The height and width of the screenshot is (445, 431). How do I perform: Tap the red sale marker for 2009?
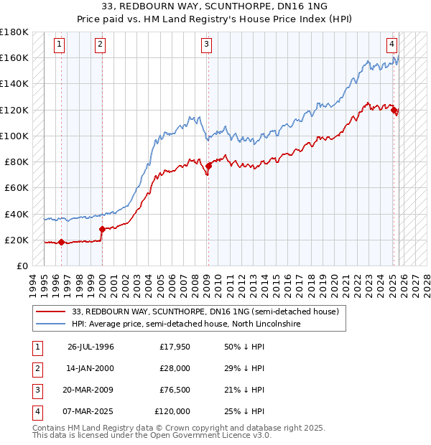pyautogui.click(x=208, y=166)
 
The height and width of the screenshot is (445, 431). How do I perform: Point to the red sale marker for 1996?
pyautogui.click(x=61, y=242)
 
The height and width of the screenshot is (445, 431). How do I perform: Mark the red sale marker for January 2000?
pyautogui.click(x=102, y=229)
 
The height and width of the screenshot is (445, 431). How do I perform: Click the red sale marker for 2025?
pyautogui.click(x=394, y=109)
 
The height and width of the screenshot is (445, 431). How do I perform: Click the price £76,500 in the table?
pyautogui.click(x=173, y=390)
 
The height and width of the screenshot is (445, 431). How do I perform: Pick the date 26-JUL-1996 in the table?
pyautogui.click(x=91, y=347)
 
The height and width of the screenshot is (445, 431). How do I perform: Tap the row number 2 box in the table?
pyautogui.click(x=37, y=369)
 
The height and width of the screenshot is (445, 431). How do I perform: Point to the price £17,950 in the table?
pyautogui.click(x=173, y=347)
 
